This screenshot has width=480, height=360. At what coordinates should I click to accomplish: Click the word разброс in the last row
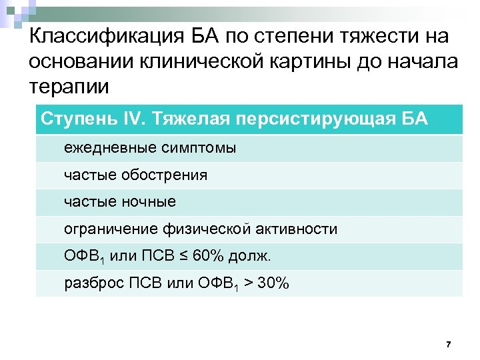89,283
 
